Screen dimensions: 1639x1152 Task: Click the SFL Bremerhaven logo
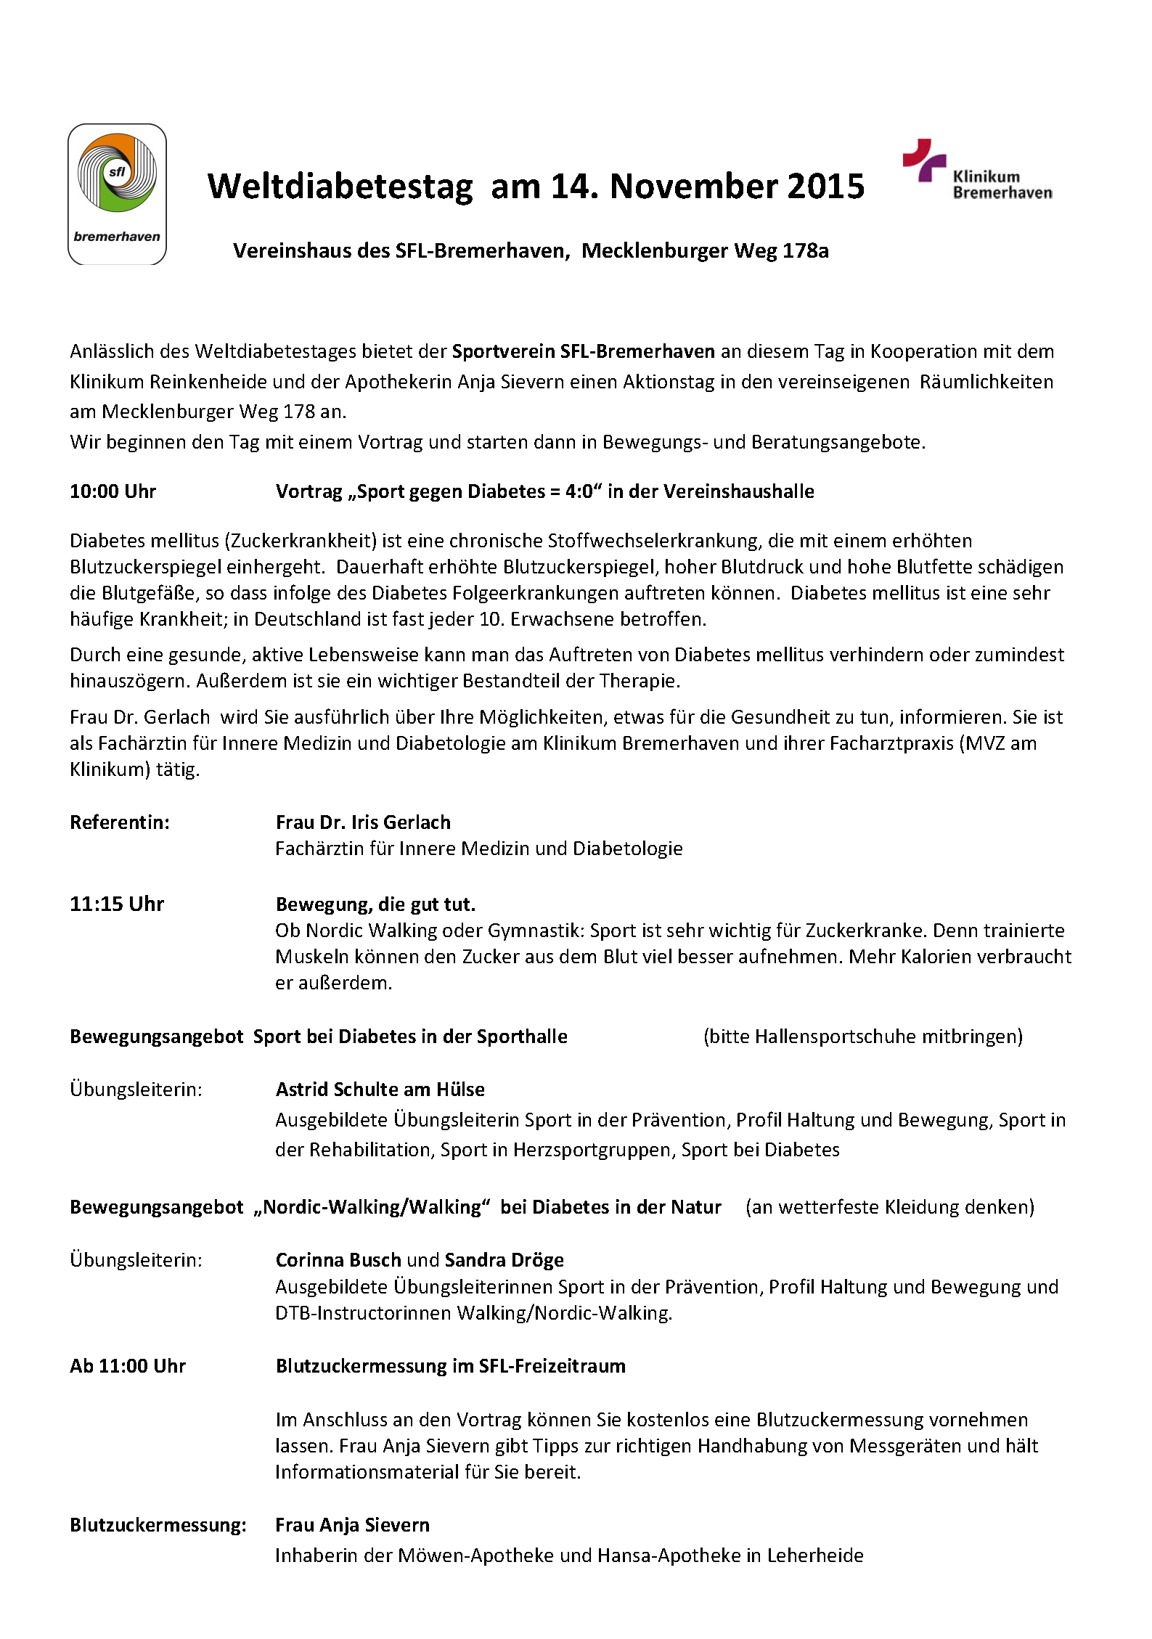click(117, 194)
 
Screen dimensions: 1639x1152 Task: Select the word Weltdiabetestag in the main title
click(340, 187)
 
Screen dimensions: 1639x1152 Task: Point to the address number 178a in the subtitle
click(806, 251)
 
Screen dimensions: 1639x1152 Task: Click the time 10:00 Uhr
click(113, 491)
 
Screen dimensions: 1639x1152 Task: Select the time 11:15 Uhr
click(117, 904)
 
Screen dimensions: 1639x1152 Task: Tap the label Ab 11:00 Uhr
click(128, 1365)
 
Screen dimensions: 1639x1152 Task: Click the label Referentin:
click(119, 822)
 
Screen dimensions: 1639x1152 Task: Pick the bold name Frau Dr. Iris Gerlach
click(363, 822)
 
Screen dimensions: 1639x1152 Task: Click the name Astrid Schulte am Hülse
click(380, 1089)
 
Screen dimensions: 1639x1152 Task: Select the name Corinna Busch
click(338, 1259)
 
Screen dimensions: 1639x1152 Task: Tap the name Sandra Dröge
click(504, 1259)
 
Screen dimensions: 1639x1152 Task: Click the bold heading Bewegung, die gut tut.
click(375, 904)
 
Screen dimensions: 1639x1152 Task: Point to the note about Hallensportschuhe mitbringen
click(862, 1036)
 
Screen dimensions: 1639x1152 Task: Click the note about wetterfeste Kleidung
click(889, 1206)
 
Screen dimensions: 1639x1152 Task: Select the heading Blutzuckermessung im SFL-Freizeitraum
click(450, 1365)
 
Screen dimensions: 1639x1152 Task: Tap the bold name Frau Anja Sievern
click(352, 1524)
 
